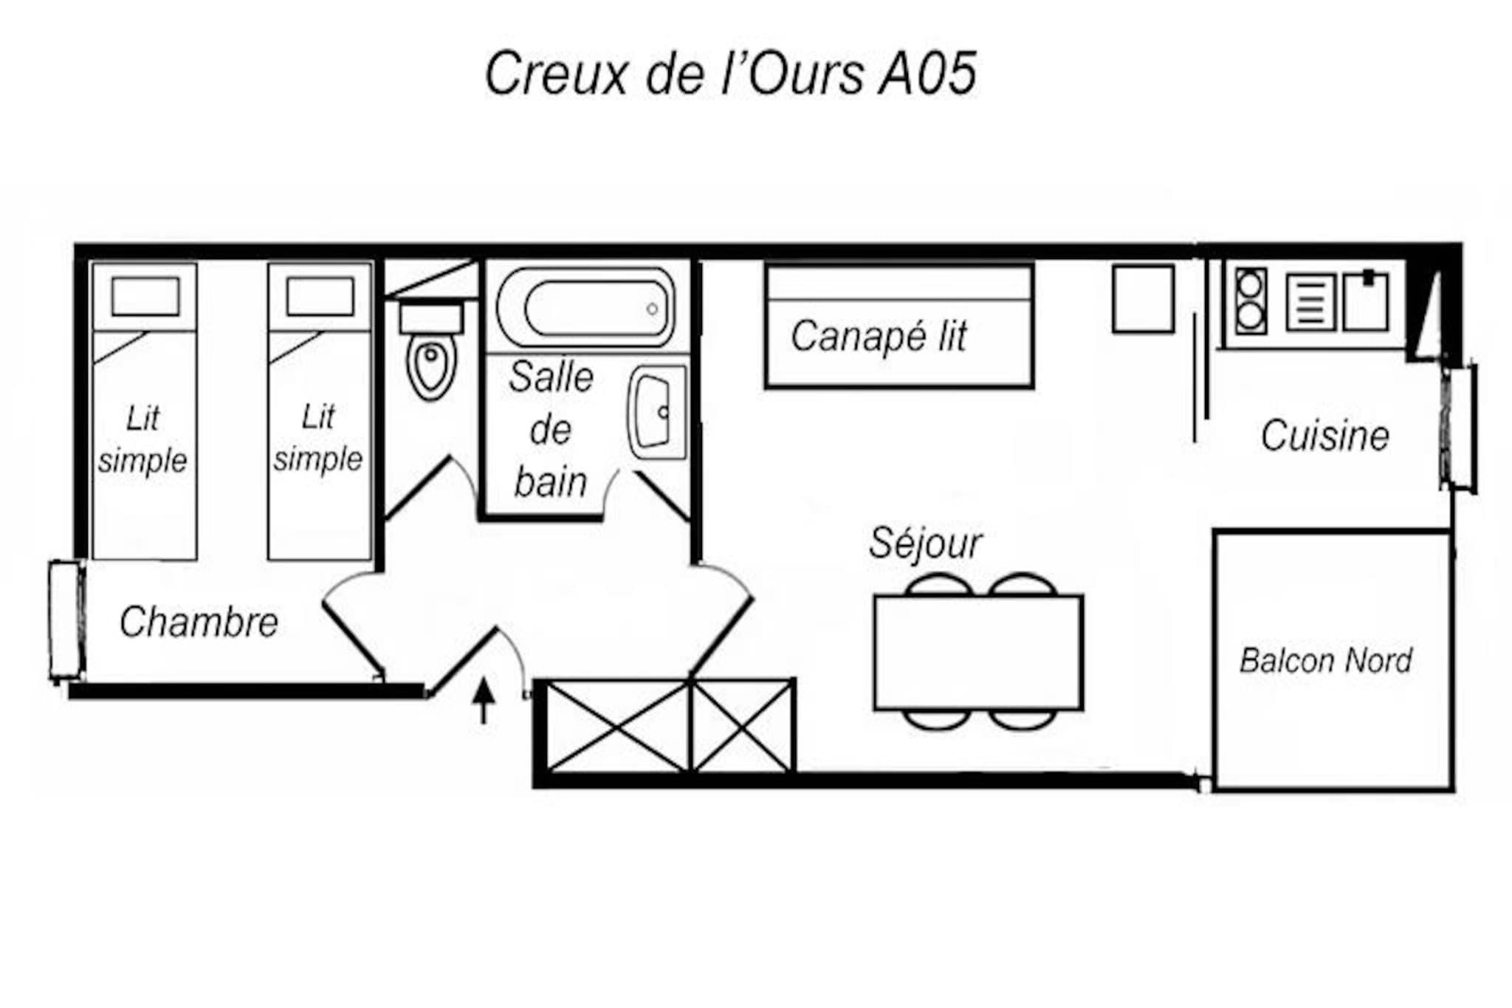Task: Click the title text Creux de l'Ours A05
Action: tap(731, 74)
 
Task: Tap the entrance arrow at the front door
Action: tap(484, 702)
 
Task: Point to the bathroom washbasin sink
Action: tap(657, 412)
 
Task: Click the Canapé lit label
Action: tap(879, 337)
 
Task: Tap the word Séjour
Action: tap(925, 544)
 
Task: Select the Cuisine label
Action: tap(1325, 436)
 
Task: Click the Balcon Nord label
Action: tap(1326, 661)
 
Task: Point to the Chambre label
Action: tap(199, 622)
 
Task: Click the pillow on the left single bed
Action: tap(145, 296)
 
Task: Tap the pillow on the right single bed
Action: tap(320, 296)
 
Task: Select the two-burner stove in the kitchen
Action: tap(1251, 301)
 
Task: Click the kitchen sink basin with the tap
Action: tap(1366, 301)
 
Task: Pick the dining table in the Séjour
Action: tap(978, 652)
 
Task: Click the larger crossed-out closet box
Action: tap(618, 727)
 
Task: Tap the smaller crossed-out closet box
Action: tap(742, 727)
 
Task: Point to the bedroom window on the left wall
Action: tap(66, 620)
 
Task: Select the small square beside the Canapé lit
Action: tap(1143, 299)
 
